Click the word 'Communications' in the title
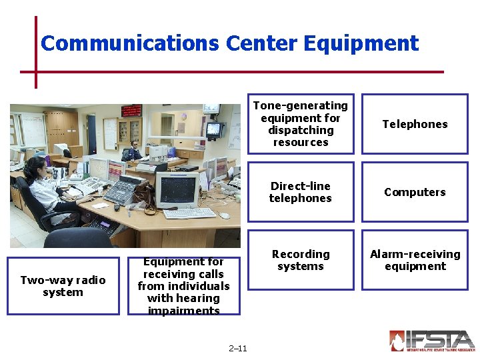tap(129, 43)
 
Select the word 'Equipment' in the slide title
tap(361, 43)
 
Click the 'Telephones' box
tap(415, 124)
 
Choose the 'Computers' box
tap(415, 192)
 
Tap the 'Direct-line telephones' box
tap(301, 192)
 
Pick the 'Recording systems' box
tap(301, 260)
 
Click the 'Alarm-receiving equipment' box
tap(415, 260)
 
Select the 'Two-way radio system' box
tap(63, 286)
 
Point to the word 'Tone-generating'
tap(300, 105)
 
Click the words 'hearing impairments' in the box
tap(183, 305)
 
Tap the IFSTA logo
tap(431, 340)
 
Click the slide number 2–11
tap(237, 348)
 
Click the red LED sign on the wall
tap(131, 111)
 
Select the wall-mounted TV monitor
tap(214, 129)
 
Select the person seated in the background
tap(133, 151)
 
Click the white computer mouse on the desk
tap(225, 215)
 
